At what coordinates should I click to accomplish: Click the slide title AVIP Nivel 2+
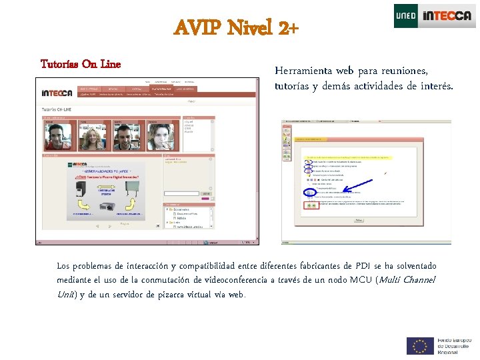click(236, 29)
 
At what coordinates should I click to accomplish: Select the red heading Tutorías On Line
click(80, 64)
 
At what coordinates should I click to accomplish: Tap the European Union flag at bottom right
click(420, 346)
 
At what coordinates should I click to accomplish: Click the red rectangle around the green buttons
click(312, 205)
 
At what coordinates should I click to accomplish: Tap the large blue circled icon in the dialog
click(309, 192)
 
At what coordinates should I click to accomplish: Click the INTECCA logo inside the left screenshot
click(57, 93)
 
